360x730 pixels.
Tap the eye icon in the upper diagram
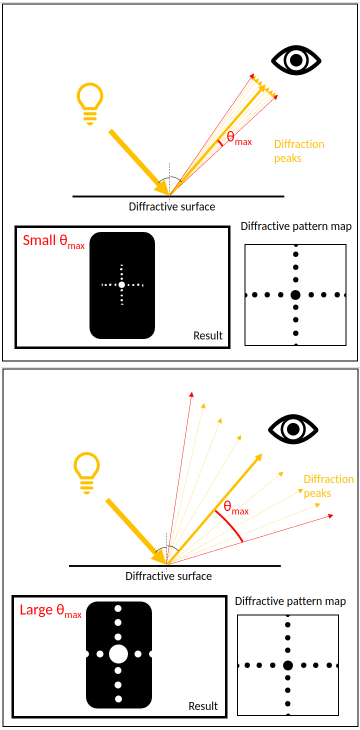(296, 60)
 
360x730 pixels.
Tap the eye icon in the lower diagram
(293, 429)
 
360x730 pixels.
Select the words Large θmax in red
(50, 610)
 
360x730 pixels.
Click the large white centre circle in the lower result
(118, 653)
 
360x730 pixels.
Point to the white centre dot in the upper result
(121, 284)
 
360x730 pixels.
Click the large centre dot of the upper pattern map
(295, 295)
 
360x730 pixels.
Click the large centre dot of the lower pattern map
(287, 665)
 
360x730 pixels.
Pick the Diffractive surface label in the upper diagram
(172, 206)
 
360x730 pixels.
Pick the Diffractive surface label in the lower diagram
(168, 576)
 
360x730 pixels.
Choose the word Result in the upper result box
(208, 335)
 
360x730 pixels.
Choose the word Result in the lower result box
(203, 706)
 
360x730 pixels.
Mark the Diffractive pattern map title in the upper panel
(296, 226)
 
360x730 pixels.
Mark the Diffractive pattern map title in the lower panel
(290, 601)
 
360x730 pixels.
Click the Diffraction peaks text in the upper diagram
(299, 151)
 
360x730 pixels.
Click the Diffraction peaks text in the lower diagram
(328, 486)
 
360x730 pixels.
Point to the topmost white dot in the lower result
(118, 608)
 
